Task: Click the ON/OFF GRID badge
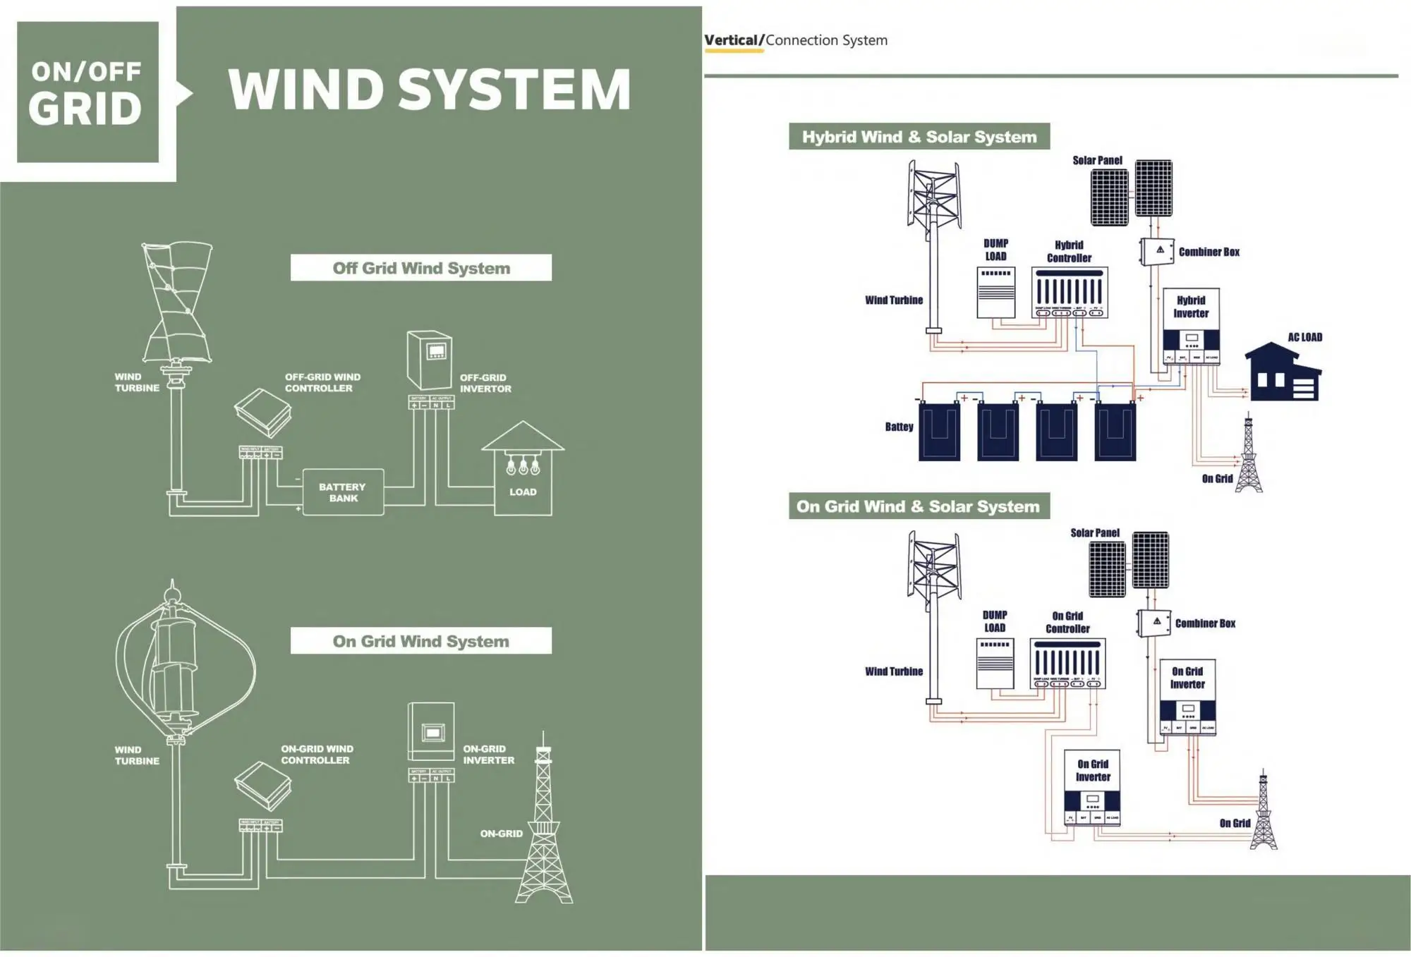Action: (87, 92)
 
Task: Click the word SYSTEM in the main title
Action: (514, 90)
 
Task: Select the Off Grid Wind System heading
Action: (420, 268)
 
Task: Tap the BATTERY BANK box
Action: (343, 492)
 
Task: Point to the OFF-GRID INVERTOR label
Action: (485, 383)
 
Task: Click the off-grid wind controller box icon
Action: (263, 412)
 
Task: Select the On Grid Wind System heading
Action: (420, 641)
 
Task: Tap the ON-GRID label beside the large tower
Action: (501, 834)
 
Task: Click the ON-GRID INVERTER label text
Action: (488, 755)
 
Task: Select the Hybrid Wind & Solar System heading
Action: (919, 137)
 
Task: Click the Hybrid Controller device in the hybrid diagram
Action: (1069, 292)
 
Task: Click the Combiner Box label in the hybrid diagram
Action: (1209, 252)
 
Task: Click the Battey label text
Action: (898, 427)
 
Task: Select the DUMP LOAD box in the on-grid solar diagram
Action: (995, 663)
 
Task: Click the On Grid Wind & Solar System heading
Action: (918, 506)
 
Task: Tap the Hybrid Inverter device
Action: (1191, 327)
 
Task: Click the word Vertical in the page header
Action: (730, 40)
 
